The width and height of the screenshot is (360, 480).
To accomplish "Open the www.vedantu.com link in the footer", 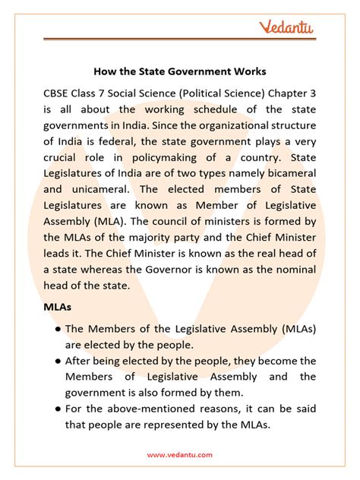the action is [x=180, y=455].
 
